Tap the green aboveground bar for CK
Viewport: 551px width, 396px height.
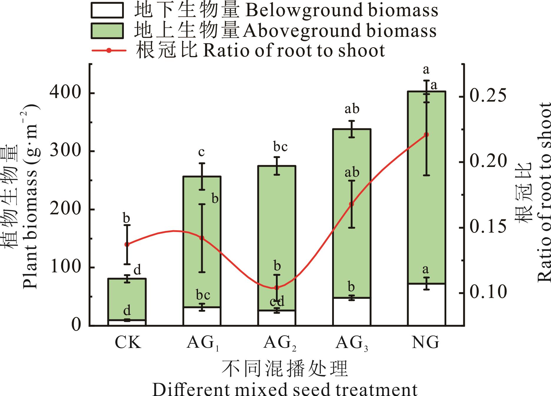[x=127, y=303]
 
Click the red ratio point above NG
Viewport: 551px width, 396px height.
[x=426, y=135]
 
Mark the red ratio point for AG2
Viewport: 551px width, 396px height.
[x=277, y=287]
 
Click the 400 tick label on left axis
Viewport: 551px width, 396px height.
[x=66, y=93]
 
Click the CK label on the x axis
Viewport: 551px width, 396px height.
[x=128, y=342]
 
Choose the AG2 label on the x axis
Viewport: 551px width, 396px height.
[x=279, y=343]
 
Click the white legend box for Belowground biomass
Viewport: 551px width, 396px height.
[x=107, y=11]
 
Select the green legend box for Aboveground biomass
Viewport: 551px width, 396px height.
[x=107, y=31]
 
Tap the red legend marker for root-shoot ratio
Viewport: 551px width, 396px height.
[x=109, y=50]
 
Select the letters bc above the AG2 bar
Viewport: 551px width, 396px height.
[x=276, y=147]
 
